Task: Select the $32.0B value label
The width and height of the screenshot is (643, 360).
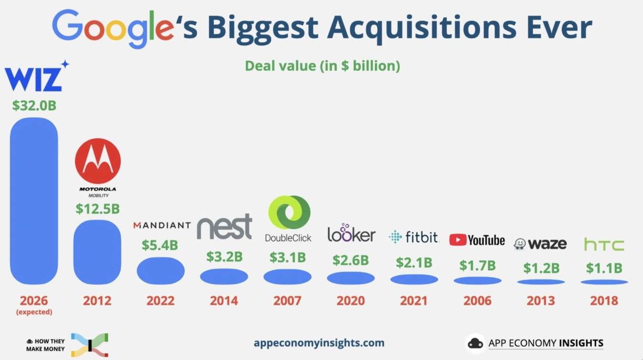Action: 34,106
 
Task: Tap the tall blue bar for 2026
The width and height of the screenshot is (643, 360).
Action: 34,201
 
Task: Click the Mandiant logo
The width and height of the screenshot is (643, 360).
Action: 161,225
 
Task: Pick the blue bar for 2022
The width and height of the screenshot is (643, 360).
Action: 161,271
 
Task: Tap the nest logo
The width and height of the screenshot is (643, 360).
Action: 224,227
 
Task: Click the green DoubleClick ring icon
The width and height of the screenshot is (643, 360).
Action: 289,212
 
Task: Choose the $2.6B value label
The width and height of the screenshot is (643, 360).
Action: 351,260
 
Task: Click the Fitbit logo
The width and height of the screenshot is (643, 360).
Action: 414,236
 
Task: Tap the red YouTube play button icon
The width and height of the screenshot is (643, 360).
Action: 457,240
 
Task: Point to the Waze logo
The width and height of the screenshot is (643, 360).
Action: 540,244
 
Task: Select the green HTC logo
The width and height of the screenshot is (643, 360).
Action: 604,245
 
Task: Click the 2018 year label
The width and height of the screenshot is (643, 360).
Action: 604,301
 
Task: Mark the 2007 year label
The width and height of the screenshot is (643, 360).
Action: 287,301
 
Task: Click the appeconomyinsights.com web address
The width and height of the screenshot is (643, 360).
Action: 319,342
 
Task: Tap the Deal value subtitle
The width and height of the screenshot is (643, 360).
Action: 322,65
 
